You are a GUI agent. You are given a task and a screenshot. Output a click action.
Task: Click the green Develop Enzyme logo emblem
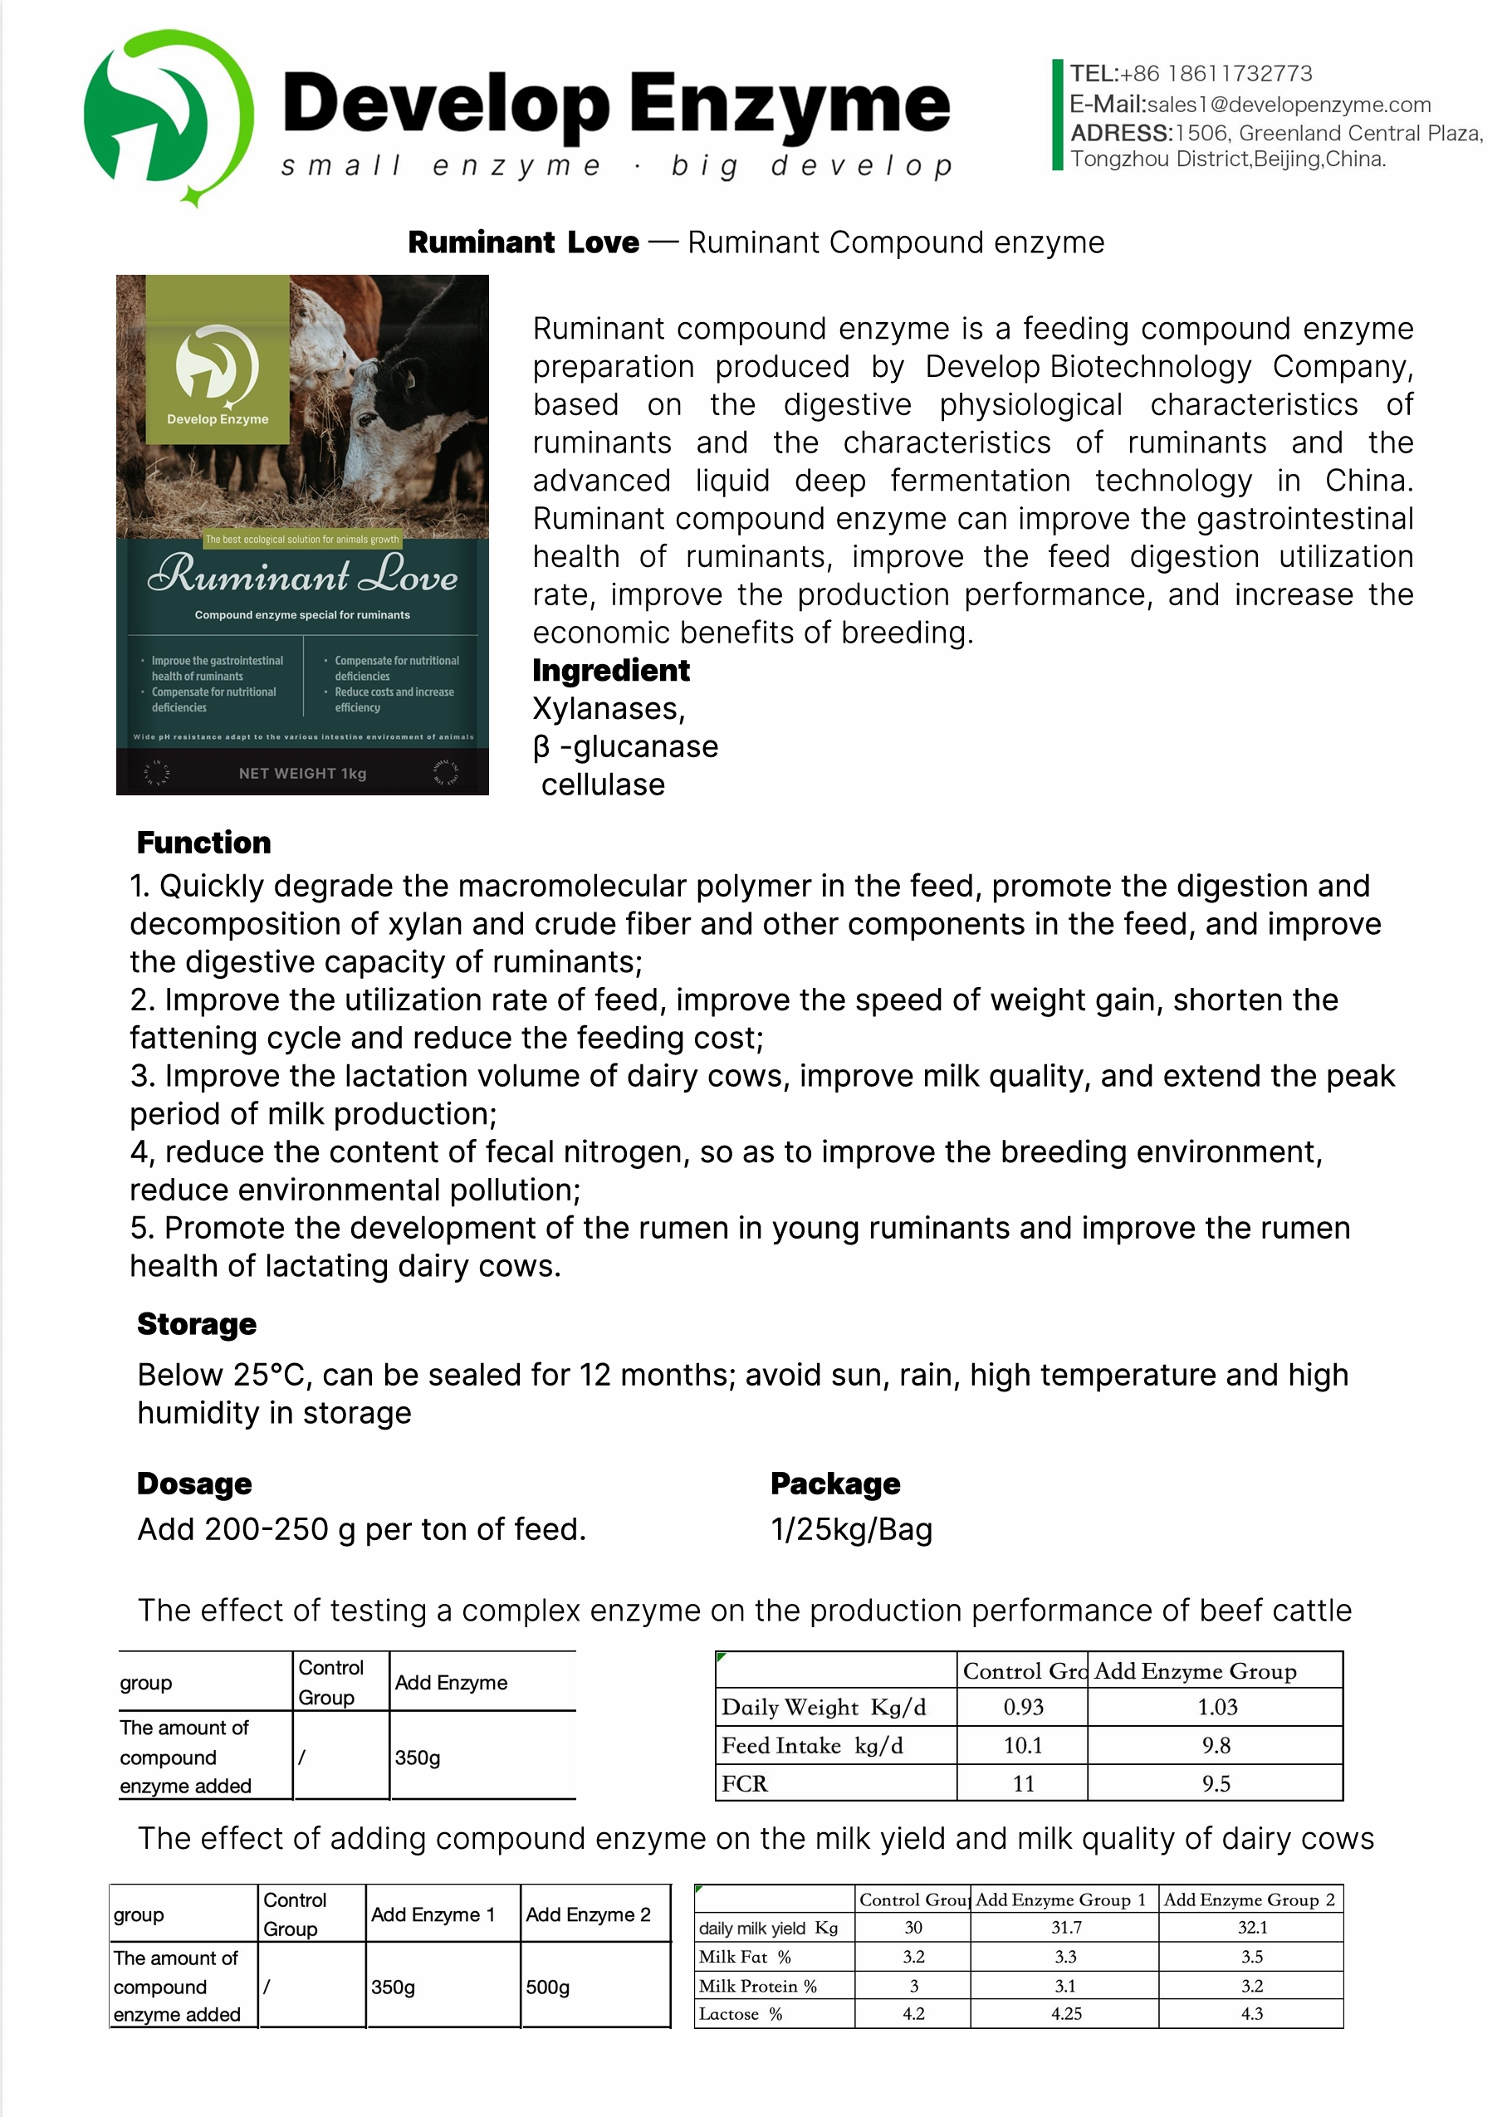click(168, 116)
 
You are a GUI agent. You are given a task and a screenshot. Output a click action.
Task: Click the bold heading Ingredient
click(610, 670)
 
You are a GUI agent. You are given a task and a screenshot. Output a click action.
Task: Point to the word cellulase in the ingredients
click(603, 785)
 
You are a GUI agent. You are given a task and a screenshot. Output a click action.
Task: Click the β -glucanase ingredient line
click(625, 747)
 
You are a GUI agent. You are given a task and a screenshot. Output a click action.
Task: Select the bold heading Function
click(203, 843)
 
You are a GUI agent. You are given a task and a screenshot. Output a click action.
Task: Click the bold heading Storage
click(197, 1324)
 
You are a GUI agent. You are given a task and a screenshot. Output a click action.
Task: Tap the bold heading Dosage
click(194, 1484)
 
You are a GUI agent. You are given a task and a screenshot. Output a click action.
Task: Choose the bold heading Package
click(835, 1484)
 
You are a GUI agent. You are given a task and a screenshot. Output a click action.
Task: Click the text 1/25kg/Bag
click(851, 1529)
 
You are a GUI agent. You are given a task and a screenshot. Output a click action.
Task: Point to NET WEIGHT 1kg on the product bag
click(302, 774)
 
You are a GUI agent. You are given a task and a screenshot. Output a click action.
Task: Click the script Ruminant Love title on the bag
click(302, 575)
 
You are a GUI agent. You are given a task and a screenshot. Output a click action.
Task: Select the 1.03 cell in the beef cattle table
click(1216, 1707)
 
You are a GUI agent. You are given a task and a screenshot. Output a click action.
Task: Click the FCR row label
click(744, 1784)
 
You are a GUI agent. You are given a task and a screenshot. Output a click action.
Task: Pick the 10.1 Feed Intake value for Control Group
click(1023, 1746)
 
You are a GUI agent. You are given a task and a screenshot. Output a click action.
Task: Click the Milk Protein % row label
click(757, 1986)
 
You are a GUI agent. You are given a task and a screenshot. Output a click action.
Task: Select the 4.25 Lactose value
click(1066, 2014)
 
